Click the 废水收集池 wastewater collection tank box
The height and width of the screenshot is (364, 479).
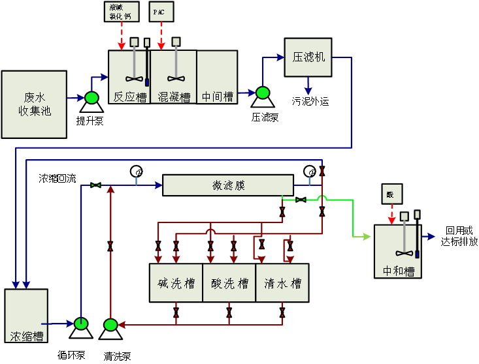point(34,104)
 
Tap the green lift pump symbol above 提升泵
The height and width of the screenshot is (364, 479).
point(91,98)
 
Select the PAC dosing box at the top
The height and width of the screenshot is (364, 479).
point(161,12)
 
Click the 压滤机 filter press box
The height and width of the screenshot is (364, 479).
point(307,57)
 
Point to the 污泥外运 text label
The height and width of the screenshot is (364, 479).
point(310,101)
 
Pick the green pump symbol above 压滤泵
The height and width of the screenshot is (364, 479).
point(263,94)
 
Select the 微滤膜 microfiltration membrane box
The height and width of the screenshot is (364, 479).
point(227,185)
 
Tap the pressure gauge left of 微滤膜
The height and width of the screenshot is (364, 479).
point(137,172)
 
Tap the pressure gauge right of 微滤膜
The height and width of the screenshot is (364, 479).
point(310,172)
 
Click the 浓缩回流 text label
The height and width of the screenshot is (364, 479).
point(57,178)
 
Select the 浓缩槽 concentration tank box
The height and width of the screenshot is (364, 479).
point(26,316)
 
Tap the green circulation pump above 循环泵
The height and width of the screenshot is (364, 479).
point(81,324)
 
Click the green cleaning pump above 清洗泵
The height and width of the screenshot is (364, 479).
point(110,325)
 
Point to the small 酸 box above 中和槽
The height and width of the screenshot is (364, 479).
point(391,194)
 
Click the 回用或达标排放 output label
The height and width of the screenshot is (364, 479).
point(459,236)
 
